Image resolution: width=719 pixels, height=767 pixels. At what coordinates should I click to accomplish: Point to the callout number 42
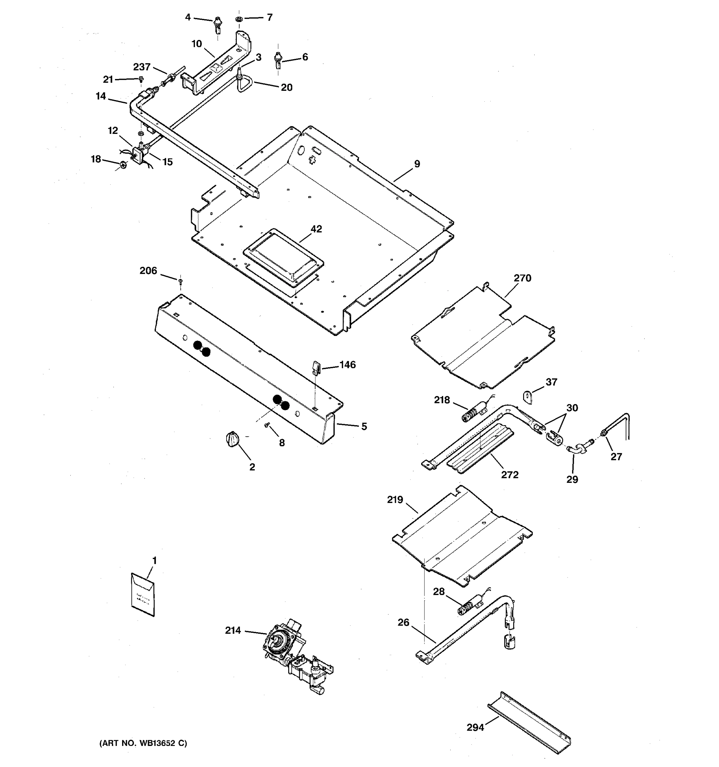click(x=316, y=229)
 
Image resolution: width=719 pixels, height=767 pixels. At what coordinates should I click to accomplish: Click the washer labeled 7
click(x=239, y=19)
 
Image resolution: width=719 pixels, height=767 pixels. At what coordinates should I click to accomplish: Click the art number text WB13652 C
click(x=143, y=743)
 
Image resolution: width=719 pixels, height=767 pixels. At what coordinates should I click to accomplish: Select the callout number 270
click(x=522, y=278)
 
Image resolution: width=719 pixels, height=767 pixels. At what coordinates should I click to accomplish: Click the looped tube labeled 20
click(x=244, y=84)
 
